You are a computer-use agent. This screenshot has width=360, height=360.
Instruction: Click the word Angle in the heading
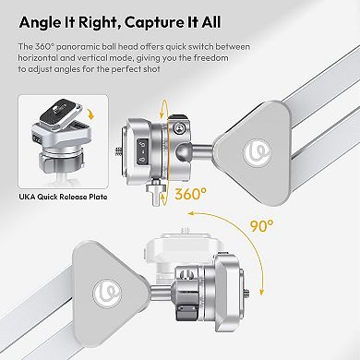pyautogui.click(x=44, y=19)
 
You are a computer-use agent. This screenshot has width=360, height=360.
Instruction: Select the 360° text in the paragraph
pyautogui.click(x=42, y=47)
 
